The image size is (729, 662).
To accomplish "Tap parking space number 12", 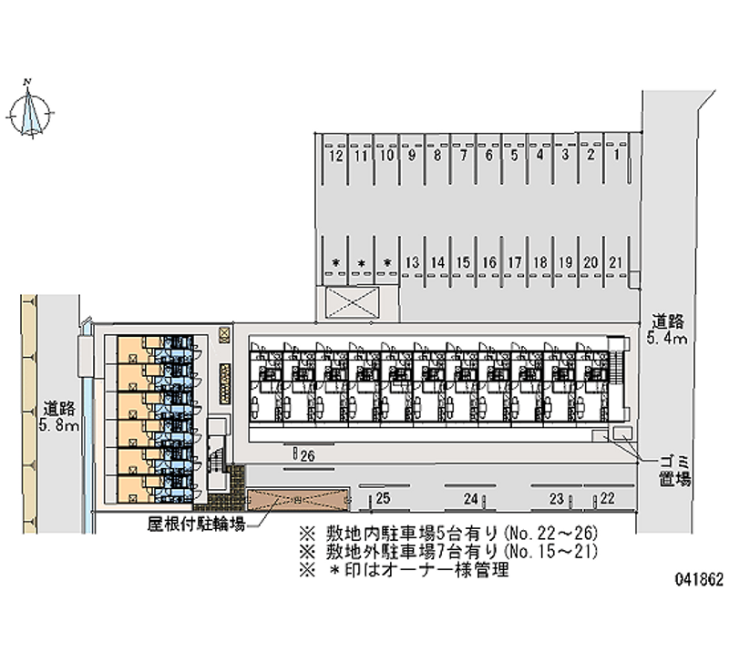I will tap(336, 156).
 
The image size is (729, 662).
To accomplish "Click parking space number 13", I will tap(413, 262).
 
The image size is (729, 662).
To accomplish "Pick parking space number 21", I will tap(617, 262).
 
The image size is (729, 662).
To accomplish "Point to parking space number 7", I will tap(464, 156).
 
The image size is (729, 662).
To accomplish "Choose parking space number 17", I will tap(515, 262).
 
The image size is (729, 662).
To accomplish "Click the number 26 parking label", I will tap(307, 456).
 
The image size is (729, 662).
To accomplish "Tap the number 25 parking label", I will tap(383, 498).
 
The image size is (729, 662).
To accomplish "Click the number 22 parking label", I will tap(608, 498).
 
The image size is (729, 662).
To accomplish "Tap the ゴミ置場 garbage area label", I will tap(674, 470).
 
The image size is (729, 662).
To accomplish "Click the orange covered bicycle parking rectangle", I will tap(298, 500).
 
